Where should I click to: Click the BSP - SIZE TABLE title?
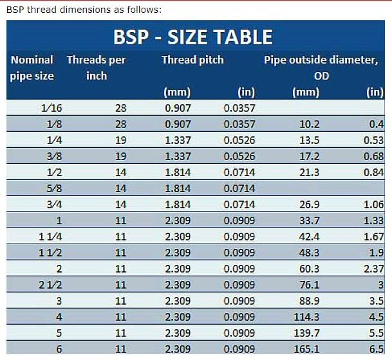coord(192,37)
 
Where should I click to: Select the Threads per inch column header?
coord(96,67)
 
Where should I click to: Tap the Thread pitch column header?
coord(192,60)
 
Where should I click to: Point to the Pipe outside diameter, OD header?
coord(321,67)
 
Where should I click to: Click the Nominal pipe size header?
coord(32,67)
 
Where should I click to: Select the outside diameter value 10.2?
coord(310,124)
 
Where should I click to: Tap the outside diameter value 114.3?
coord(306,317)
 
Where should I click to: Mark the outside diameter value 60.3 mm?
coord(310,269)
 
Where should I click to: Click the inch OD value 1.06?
coord(373,204)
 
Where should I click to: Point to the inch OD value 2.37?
coord(373,269)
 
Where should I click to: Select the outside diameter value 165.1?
coord(306,349)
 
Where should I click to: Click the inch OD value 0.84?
coord(373,172)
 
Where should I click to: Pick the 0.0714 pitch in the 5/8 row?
coord(239,188)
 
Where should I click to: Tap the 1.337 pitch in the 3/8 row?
coord(178,156)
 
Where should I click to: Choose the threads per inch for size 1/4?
coord(121,140)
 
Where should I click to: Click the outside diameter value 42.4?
coord(310,237)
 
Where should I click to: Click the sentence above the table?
coord(84,10)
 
